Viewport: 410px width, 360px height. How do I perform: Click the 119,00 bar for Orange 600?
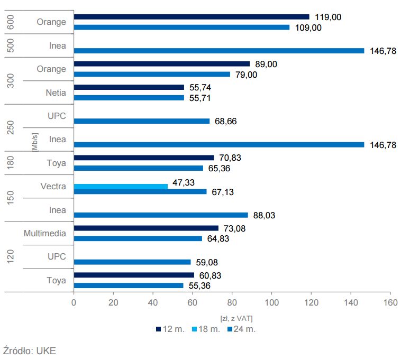pyautogui.click(x=192, y=17)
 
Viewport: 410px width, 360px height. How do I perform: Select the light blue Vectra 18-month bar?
pyautogui.click(x=121, y=186)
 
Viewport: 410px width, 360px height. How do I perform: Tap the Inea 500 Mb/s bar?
pyautogui.click(x=219, y=51)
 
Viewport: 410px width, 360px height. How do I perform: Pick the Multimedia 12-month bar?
pyautogui.click(x=146, y=228)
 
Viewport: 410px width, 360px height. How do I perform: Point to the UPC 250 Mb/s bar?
pyautogui.click(x=141, y=121)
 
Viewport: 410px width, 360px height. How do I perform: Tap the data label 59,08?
pyautogui.click(x=207, y=262)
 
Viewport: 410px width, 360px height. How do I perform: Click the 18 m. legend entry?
pyautogui.click(x=207, y=329)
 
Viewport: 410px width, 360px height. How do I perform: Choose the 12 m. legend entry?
pyautogui.click(x=170, y=329)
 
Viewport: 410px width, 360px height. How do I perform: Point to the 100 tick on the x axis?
pyautogui.click(x=271, y=303)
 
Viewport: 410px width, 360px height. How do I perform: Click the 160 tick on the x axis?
pyautogui.click(x=390, y=303)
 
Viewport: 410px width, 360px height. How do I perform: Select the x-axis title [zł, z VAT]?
pyautogui.click(x=236, y=318)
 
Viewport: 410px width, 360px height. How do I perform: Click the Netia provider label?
pyautogui.click(x=56, y=93)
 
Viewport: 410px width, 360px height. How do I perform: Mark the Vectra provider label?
pyautogui.click(x=53, y=186)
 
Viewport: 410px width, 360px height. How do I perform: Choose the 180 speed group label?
pyautogui.click(x=12, y=163)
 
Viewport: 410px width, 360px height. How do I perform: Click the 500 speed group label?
pyautogui.click(x=12, y=45)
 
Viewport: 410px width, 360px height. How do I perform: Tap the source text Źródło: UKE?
pyautogui.click(x=30, y=350)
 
